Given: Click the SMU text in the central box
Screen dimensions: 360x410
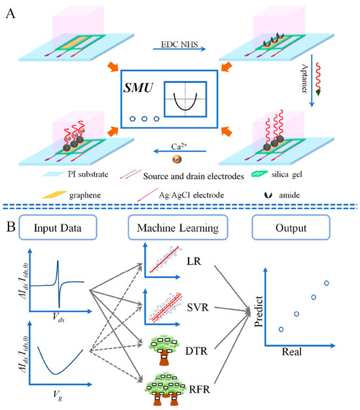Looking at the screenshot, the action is click(x=138, y=88).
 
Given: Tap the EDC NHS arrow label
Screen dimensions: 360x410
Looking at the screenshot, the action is click(x=179, y=44).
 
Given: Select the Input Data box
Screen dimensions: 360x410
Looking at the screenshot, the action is click(x=58, y=227).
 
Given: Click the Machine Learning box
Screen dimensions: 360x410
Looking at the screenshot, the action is click(x=178, y=227).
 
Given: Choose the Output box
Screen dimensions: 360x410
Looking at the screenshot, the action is click(x=291, y=227).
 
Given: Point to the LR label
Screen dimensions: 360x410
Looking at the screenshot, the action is click(x=194, y=261).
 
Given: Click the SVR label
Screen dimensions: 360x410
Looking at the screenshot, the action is click(x=198, y=307).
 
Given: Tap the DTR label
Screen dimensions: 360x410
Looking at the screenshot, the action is click(x=196, y=351).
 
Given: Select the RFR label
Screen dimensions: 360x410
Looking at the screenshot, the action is click(x=200, y=389).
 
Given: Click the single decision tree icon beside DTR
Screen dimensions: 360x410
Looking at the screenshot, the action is click(x=164, y=349).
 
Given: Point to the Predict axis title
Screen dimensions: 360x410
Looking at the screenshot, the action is click(x=259, y=311).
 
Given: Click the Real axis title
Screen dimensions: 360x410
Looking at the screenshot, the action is click(x=292, y=352).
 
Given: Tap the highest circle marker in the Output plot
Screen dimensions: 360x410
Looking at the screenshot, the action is click(x=326, y=283).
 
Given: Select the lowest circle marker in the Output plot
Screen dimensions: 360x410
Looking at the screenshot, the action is click(x=281, y=329).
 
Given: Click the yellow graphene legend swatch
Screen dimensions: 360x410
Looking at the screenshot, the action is click(x=54, y=195).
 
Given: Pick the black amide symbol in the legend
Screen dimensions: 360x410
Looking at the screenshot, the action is click(x=268, y=195).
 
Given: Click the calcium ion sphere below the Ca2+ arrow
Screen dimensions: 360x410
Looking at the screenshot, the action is click(x=177, y=160).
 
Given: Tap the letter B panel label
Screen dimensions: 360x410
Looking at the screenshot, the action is click(x=10, y=226).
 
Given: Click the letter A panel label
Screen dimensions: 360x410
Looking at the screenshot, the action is click(x=10, y=13).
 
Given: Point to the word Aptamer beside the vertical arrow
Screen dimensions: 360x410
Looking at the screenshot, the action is click(x=304, y=78).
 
